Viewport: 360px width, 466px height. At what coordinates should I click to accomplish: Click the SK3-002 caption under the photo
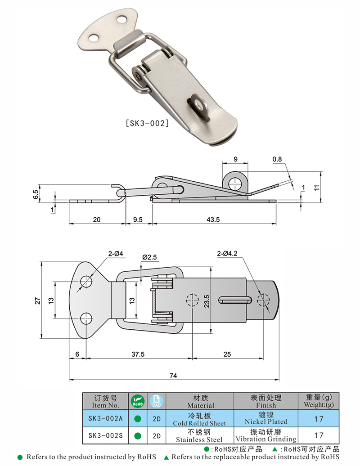tap(148, 123)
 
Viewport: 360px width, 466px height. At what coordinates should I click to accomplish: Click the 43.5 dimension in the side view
tap(213, 220)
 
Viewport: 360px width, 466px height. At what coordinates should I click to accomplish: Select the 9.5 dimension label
tap(138, 220)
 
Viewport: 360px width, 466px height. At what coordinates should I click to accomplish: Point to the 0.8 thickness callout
tap(277, 159)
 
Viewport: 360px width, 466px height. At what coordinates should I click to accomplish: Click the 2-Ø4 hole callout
tap(115, 254)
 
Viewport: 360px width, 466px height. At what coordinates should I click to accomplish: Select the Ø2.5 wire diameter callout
tap(149, 257)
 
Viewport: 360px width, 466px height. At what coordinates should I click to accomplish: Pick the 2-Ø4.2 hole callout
tap(227, 253)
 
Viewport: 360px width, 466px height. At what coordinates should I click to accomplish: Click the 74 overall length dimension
tap(173, 376)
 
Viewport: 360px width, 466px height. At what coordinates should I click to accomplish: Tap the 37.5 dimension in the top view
tap(138, 354)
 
